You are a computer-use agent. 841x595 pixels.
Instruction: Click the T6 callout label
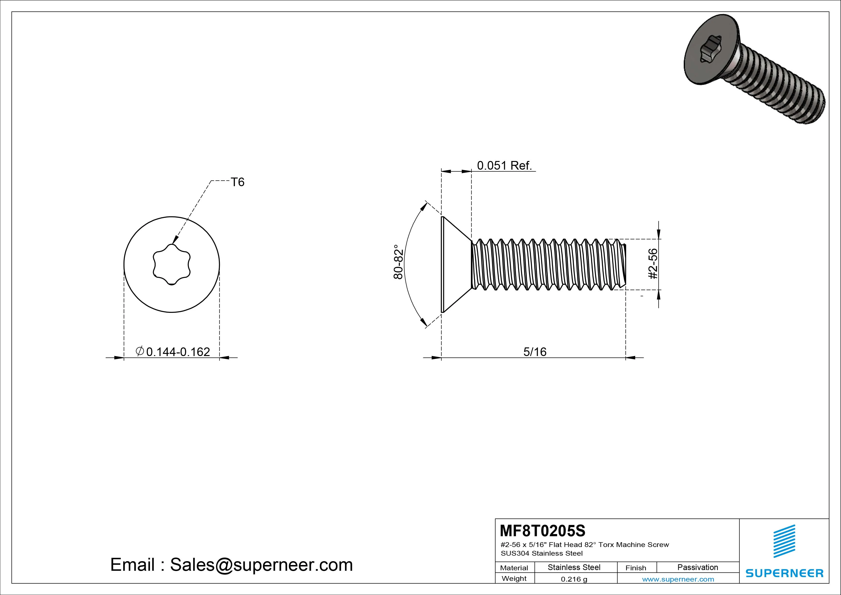(237, 182)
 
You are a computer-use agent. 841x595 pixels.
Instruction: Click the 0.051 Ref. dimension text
(504, 166)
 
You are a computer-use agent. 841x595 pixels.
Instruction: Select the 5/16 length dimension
(535, 352)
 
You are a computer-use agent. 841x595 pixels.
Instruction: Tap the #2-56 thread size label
(653, 264)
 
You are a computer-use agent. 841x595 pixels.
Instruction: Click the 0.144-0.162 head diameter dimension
(173, 352)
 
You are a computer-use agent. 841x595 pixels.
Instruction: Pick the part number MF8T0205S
(543, 530)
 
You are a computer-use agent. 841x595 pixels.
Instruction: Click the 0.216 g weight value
(574, 579)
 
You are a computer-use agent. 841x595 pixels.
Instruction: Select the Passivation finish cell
(697, 567)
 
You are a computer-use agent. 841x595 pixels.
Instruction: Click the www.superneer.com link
(678, 579)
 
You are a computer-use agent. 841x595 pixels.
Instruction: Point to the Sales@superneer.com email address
(261, 565)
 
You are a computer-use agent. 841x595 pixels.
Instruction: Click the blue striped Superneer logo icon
(784, 541)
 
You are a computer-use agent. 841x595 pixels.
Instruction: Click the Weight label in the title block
(514, 578)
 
